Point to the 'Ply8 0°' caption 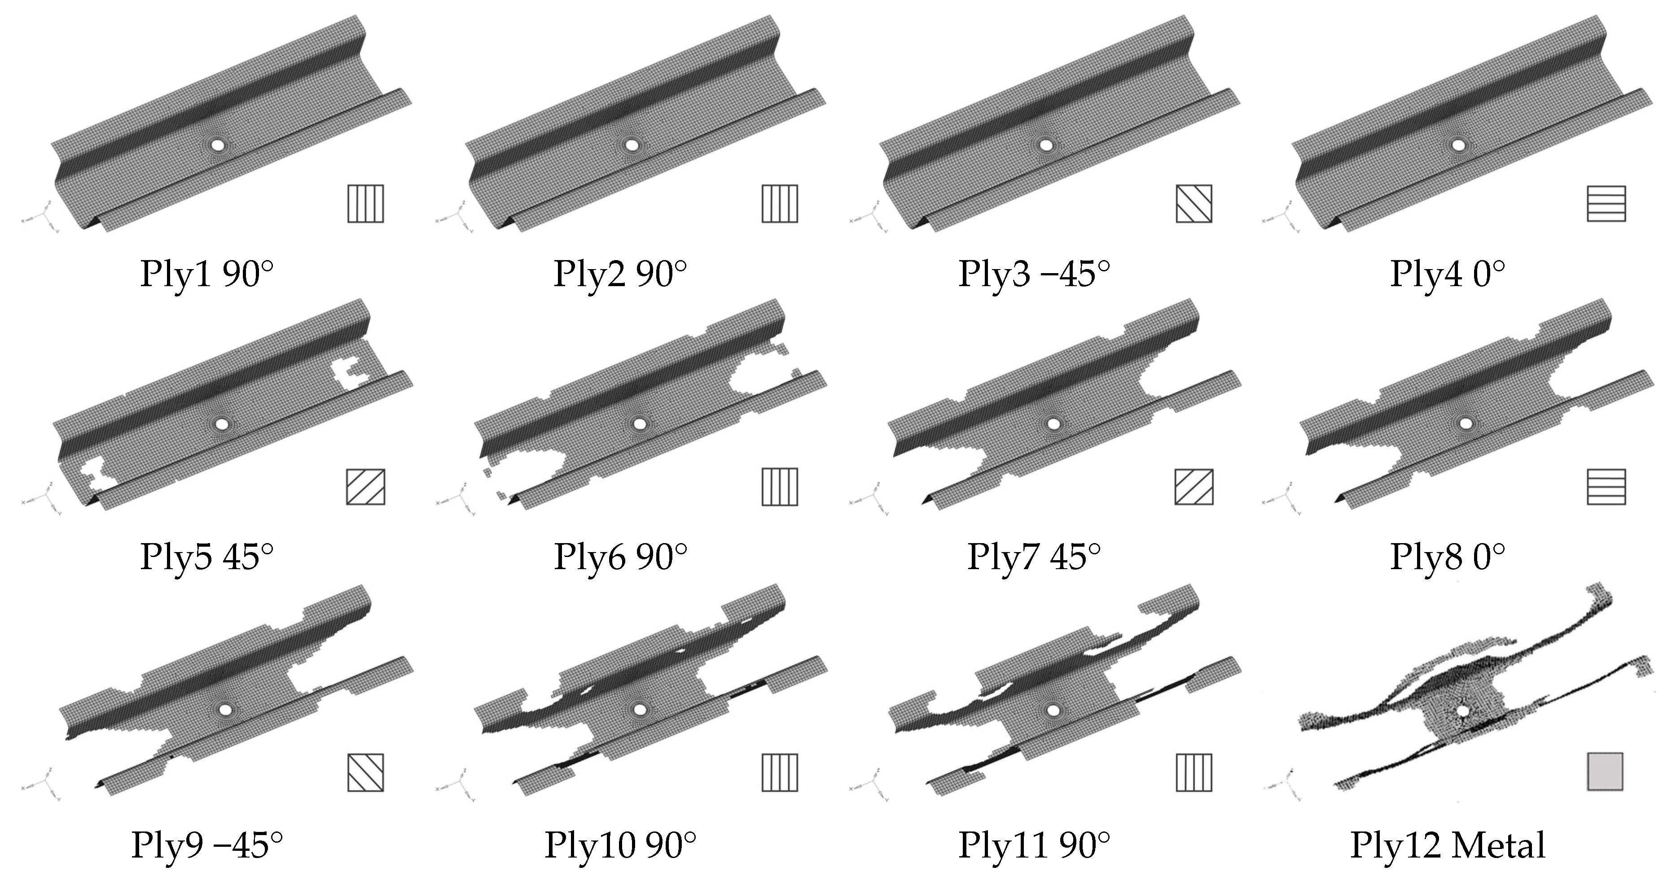tap(1448, 557)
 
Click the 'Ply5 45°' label tap(206, 557)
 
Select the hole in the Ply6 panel tap(640, 424)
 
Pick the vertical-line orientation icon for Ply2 tap(780, 203)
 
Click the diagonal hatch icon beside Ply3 tap(1194, 203)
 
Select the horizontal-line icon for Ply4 tap(1606, 203)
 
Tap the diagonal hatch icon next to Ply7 tap(1194, 486)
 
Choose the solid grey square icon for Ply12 tap(1605, 772)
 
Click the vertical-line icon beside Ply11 tap(1194, 772)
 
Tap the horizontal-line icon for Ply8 tap(1606, 486)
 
